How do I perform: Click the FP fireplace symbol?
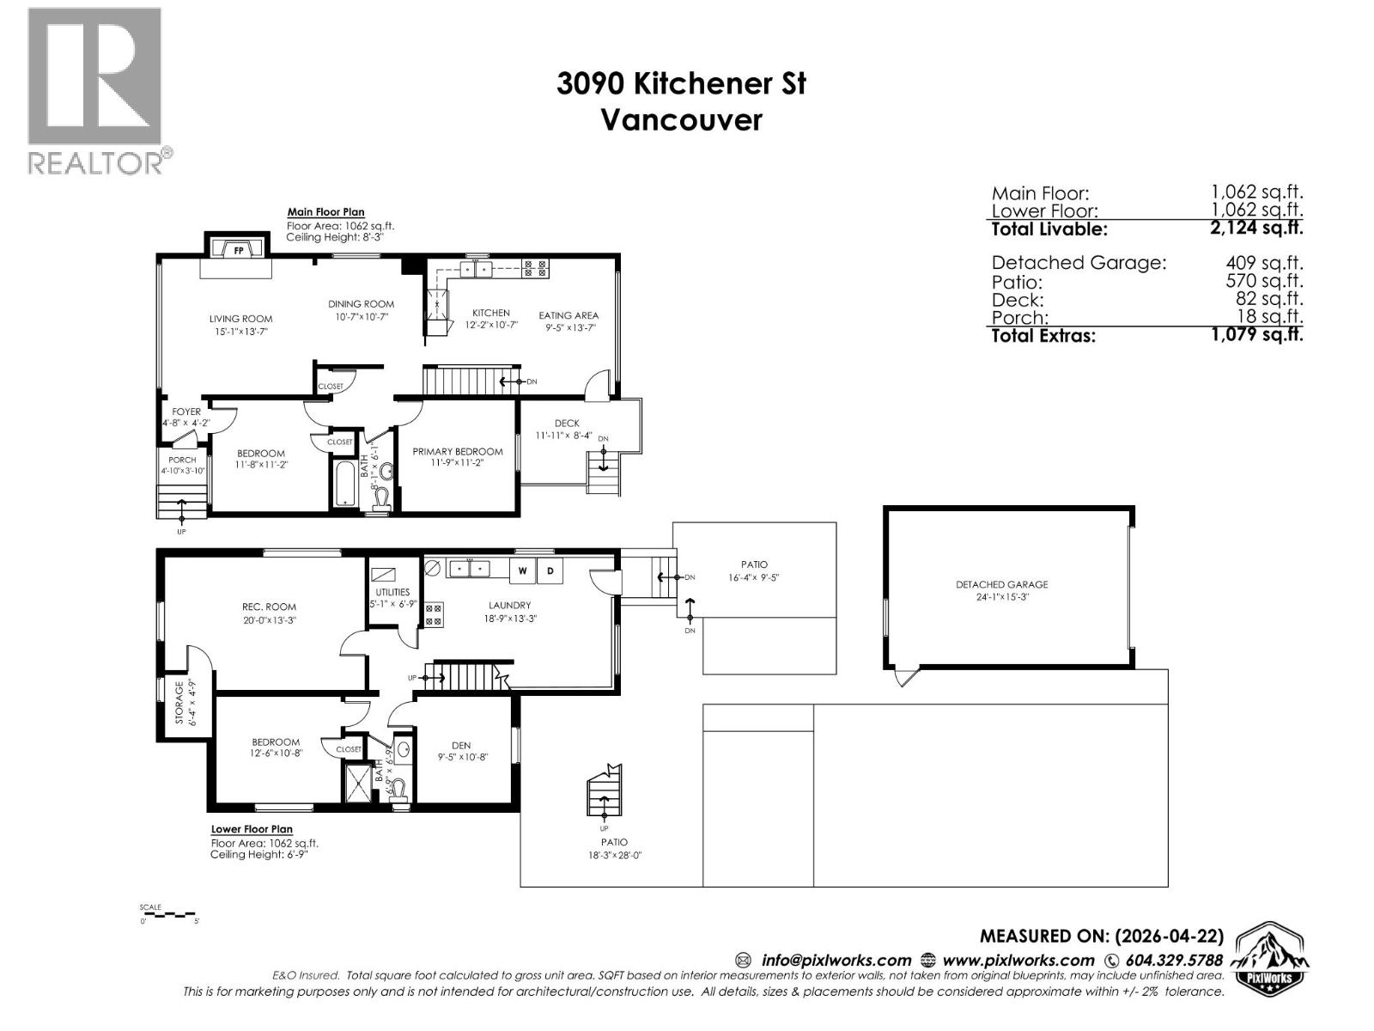[238, 250]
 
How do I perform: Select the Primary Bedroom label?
[458, 452]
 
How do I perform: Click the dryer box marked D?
[550, 570]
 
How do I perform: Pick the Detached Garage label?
[1001, 584]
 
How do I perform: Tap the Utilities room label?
[392, 592]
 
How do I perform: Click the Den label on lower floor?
[461, 746]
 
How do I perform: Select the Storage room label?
[179, 703]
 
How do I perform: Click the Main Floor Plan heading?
[325, 212]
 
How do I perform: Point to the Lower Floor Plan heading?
[252, 830]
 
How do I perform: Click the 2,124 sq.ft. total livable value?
[1256, 229]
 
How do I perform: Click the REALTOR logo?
[95, 90]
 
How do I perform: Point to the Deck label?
[567, 424]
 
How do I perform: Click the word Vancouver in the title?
[680, 119]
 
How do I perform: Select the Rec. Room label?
[269, 607]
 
